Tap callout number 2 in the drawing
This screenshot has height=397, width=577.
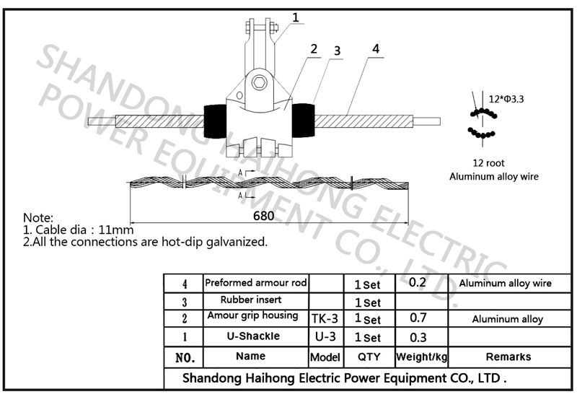tap(314, 49)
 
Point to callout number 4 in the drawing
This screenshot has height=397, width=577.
tap(376, 49)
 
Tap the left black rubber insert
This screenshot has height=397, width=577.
tap(214, 122)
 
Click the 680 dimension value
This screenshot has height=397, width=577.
tap(263, 216)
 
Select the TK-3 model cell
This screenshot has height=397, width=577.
tap(325, 318)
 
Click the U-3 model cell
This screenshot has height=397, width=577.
tap(325, 336)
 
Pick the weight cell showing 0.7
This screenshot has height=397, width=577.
tap(418, 318)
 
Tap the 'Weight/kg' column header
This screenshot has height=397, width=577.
tap(421, 357)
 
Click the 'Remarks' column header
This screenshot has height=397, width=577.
tap(508, 357)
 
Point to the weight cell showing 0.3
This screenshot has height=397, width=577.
tap(418, 336)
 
